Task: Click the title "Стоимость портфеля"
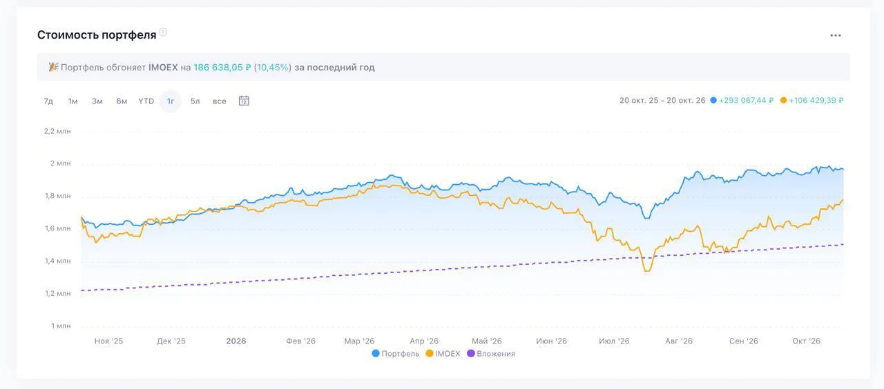(x=97, y=35)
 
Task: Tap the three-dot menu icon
(x=836, y=35)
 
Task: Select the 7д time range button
(x=48, y=101)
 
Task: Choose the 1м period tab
(x=73, y=101)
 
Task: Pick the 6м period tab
(x=122, y=101)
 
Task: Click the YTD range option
(x=146, y=101)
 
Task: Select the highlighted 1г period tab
(x=171, y=101)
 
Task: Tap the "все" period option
(x=220, y=101)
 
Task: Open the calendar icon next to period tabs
(x=244, y=101)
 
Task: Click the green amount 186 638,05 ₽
(x=222, y=68)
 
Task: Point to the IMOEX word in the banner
(x=163, y=68)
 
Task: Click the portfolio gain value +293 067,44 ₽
(x=746, y=101)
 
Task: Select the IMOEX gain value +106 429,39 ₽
(x=816, y=101)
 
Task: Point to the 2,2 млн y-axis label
(x=57, y=131)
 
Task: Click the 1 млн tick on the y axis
(x=61, y=326)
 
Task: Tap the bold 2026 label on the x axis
(x=236, y=341)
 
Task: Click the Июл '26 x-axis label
(x=614, y=341)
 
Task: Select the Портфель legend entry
(x=396, y=354)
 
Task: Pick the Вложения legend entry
(x=491, y=354)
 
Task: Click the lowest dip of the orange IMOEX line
(x=647, y=271)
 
